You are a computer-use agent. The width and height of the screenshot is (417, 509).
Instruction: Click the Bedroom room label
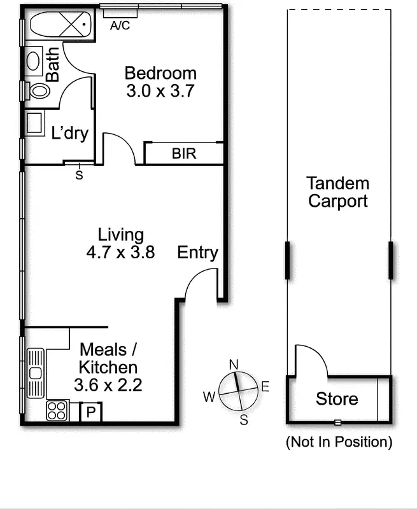click(160, 73)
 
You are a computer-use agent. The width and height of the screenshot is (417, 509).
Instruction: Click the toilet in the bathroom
click(38, 91)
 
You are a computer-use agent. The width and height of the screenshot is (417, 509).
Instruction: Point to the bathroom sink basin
click(34, 60)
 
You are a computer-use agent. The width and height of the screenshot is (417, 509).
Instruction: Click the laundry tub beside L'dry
click(34, 123)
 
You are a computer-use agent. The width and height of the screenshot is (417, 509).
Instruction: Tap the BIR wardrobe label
click(184, 154)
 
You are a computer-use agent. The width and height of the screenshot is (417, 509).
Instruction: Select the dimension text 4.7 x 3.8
click(120, 253)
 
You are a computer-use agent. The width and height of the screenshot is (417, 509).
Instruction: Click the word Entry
click(197, 253)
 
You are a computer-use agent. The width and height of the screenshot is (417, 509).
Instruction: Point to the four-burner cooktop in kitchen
click(57, 410)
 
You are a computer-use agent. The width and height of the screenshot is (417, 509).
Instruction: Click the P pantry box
click(91, 412)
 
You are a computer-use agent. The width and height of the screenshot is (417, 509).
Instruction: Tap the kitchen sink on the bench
click(36, 373)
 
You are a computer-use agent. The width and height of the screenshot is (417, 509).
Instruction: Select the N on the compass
click(234, 365)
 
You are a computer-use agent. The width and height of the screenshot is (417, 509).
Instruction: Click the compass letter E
click(265, 386)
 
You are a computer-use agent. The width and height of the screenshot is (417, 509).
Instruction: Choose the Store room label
click(337, 400)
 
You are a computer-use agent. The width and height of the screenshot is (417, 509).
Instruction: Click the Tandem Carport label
click(337, 193)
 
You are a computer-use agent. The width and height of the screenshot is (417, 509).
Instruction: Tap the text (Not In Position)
click(339, 441)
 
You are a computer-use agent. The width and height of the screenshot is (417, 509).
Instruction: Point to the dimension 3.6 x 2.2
click(107, 385)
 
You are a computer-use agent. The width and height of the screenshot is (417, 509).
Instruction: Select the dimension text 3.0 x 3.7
click(160, 90)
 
